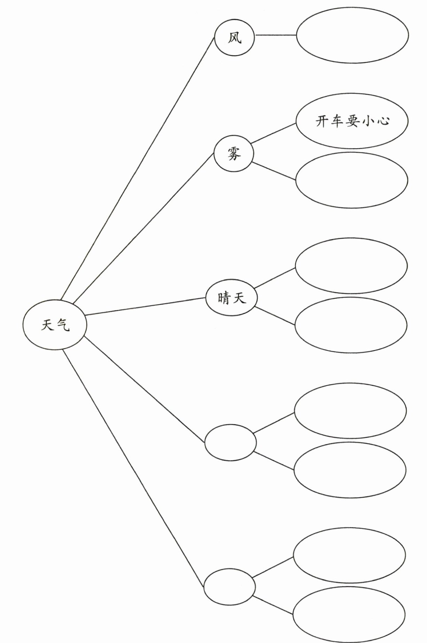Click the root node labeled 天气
[x=55, y=325]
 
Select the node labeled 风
[x=234, y=38]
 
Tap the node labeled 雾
[x=234, y=153]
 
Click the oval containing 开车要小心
[x=351, y=121]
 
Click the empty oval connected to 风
[x=352, y=35]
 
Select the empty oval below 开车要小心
[x=351, y=180]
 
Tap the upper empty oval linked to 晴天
[x=351, y=266]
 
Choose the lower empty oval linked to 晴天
[x=351, y=325]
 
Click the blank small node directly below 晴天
[x=230, y=443]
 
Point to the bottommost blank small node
[x=229, y=586]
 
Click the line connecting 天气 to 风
[x=137, y=168]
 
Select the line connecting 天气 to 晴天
[x=146, y=307]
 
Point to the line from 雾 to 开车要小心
[x=273, y=133]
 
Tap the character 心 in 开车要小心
[x=382, y=121]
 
